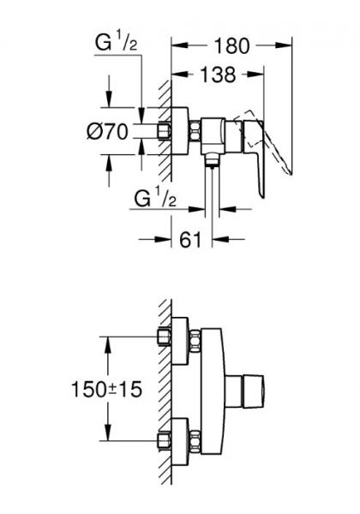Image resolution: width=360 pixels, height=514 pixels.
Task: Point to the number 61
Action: coord(189,240)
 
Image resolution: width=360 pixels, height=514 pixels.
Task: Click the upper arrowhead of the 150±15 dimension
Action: coord(108,339)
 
